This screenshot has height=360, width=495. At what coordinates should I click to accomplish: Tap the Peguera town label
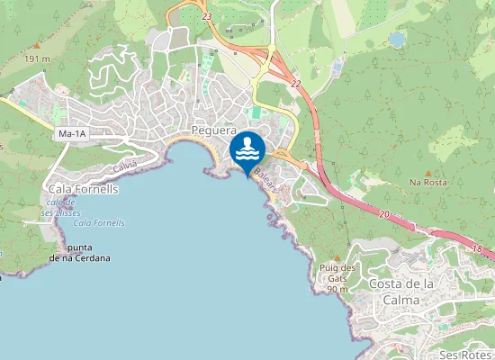213,131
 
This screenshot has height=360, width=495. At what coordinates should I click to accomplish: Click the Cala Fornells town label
82,190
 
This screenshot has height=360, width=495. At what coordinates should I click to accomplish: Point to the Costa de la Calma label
402,292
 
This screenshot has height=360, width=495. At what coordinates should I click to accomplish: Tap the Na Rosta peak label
428,182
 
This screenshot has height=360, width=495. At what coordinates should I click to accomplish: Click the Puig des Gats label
337,273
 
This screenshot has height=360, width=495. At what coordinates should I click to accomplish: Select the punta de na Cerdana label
79,252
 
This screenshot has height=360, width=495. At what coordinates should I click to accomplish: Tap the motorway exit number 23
207,16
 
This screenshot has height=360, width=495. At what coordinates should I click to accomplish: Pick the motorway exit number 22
295,83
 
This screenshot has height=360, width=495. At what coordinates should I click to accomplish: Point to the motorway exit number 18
478,247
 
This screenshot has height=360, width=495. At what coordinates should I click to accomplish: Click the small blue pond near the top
397,40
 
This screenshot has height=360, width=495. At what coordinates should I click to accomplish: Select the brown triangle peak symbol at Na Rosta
428,171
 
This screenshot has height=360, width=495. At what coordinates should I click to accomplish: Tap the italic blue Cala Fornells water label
99,222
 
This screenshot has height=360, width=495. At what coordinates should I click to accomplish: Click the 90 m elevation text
337,290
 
